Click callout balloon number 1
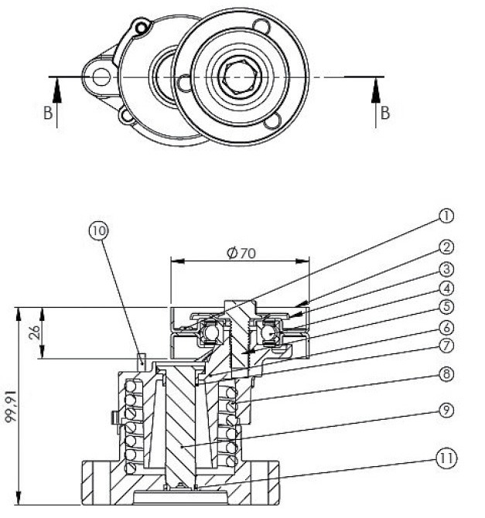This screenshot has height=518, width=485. point(446,216)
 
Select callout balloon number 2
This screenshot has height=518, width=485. point(446,247)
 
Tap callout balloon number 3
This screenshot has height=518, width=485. point(446,269)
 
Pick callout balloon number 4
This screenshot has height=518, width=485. point(446,288)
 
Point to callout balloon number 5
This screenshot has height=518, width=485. point(446,307)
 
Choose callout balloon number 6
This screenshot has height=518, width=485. point(446,328)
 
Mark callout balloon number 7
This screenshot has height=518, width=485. point(446,346)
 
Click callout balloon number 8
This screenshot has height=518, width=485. point(446,374)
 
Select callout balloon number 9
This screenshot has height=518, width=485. point(446,411)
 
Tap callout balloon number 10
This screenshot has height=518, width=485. point(99,230)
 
